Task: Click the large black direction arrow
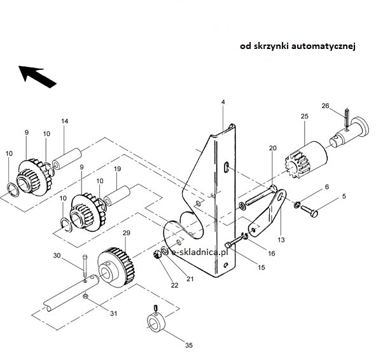tap(37, 76)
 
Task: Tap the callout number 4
tap(223, 102)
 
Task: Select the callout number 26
tap(325, 106)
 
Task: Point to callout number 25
tap(304, 116)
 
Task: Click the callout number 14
tap(64, 121)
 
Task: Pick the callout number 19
tap(117, 169)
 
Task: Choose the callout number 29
tap(127, 233)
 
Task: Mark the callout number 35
tap(189, 345)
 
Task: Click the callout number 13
tap(281, 240)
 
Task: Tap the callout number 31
tap(114, 314)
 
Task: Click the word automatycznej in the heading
tap(323, 46)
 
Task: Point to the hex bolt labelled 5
tap(309, 211)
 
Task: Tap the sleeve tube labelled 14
tap(67, 158)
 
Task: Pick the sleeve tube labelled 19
tap(118, 196)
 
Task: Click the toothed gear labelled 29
tap(116, 268)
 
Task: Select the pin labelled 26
tap(347, 118)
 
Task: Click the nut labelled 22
tap(157, 254)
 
